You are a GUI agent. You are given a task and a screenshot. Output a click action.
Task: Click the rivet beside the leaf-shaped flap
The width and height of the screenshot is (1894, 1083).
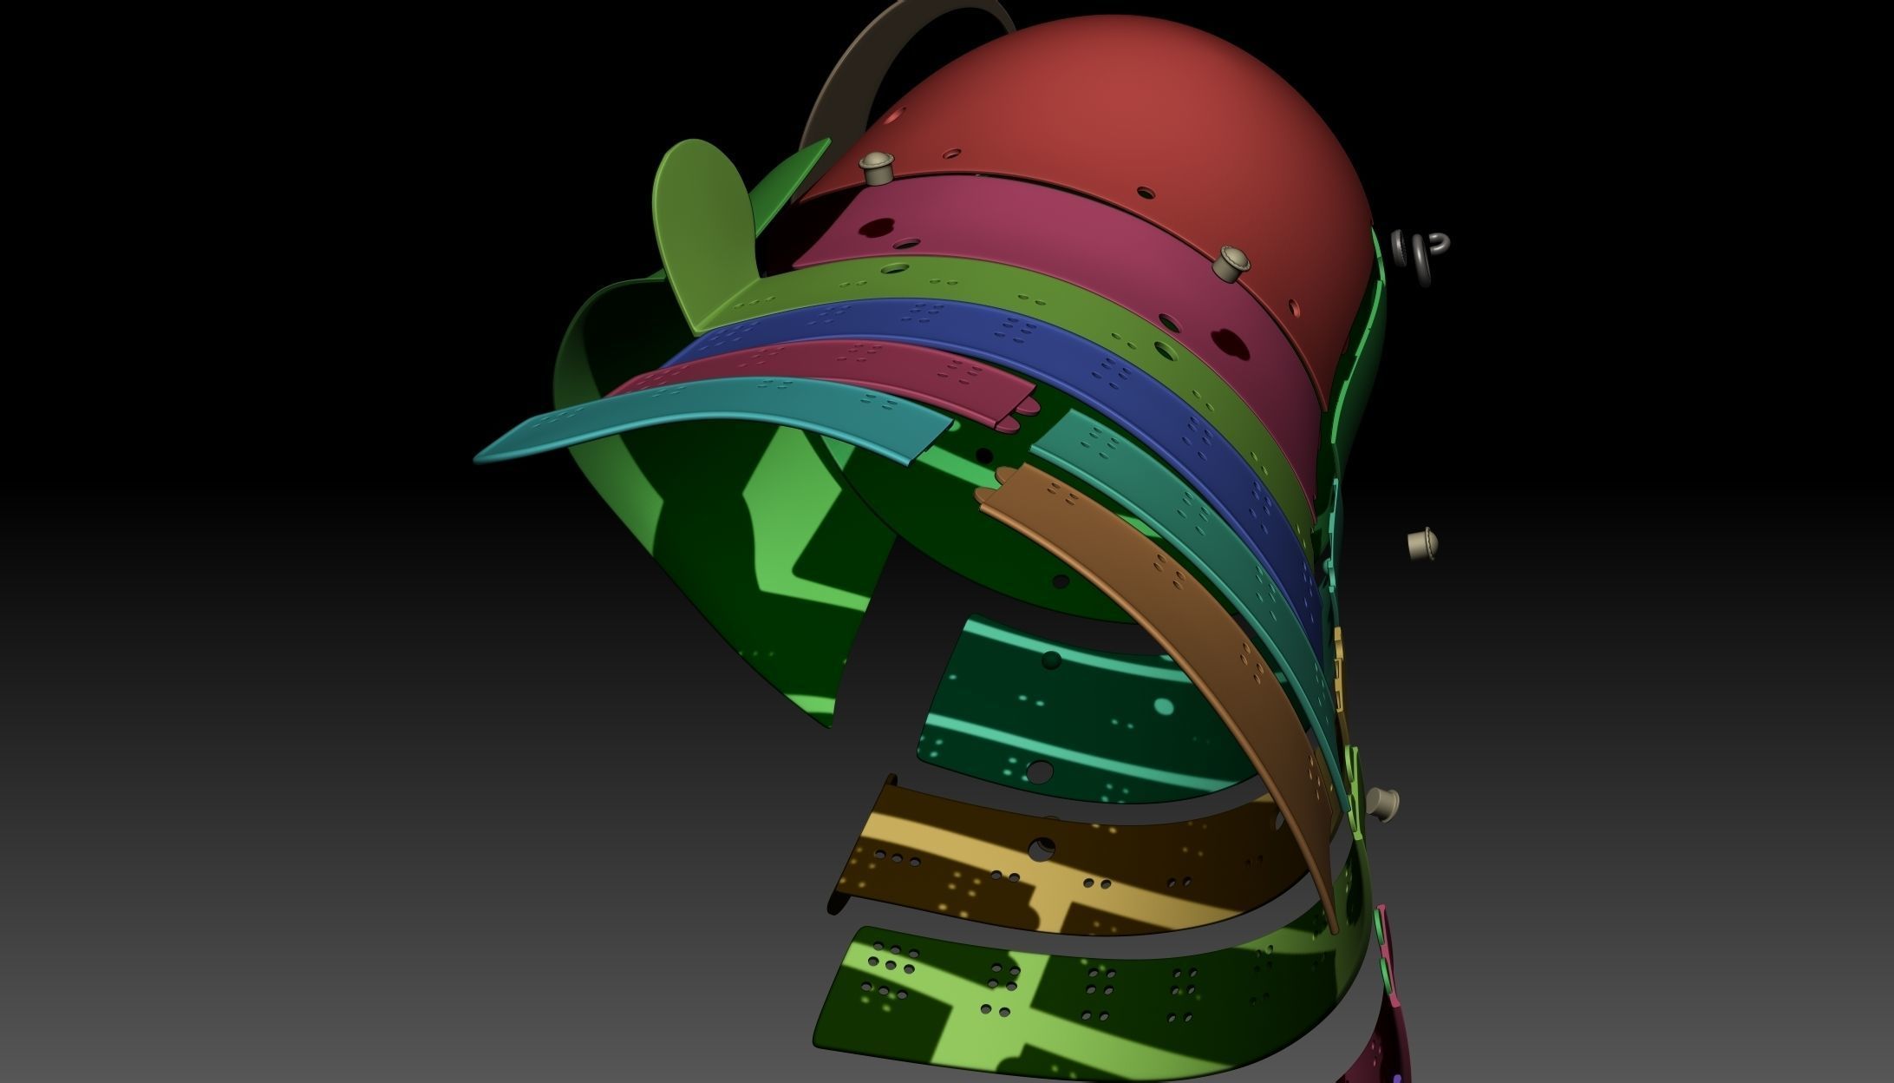(x=875, y=167)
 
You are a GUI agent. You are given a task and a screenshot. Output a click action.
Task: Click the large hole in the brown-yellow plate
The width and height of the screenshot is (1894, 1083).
(x=1043, y=847)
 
